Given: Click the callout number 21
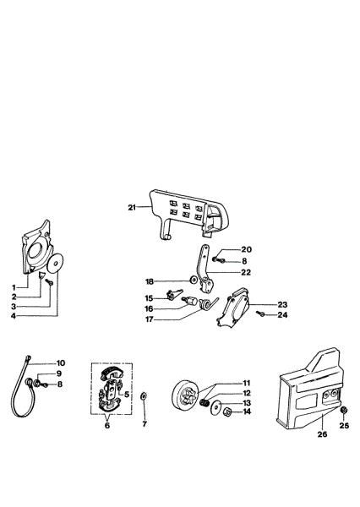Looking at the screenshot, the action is click(132, 207).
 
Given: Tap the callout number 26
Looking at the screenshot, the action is click(322, 434).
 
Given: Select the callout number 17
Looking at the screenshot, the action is click(149, 319).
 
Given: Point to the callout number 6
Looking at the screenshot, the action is click(107, 425).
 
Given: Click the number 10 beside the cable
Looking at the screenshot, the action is click(61, 363).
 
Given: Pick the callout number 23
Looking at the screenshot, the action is click(282, 304).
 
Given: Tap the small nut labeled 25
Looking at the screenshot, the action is click(344, 410).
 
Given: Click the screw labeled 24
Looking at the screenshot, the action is click(260, 313).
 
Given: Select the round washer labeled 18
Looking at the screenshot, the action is click(194, 279).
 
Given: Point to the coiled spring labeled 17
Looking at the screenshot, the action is click(206, 304).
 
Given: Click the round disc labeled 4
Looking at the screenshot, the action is click(55, 263).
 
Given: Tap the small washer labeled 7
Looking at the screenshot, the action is click(144, 396).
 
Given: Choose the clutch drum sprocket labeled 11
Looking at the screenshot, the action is click(186, 397).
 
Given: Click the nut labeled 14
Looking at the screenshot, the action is click(227, 412).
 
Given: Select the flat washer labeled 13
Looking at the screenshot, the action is click(215, 406).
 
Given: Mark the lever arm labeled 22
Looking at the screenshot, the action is click(205, 269).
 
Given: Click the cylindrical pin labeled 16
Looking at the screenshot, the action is click(191, 302).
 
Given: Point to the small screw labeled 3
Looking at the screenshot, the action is click(50, 282).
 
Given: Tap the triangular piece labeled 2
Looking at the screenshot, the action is click(41, 275).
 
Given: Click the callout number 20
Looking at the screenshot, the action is click(246, 249).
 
